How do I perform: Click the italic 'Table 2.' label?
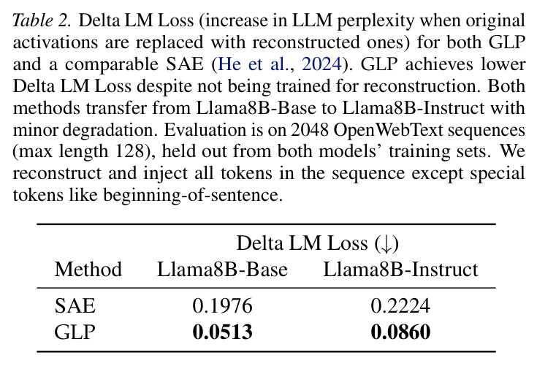coord(42,20)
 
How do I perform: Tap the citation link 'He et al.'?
coord(254,64)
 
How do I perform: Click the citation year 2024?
coord(321,64)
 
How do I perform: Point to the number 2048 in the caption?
coord(310,130)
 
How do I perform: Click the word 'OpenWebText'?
coord(389,131)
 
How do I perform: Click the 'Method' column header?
coord(88,269)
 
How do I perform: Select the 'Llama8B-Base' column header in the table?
coord(222,269)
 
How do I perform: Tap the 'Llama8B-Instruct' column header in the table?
coord(400,269)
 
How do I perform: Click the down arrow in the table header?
coord(386,244)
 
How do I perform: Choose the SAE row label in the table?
coord(75,306)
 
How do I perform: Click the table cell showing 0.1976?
coord(222,306)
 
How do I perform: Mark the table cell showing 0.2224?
coord(400,306)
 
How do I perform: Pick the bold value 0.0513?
coord(222,332)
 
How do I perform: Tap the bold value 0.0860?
coord(400,332)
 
